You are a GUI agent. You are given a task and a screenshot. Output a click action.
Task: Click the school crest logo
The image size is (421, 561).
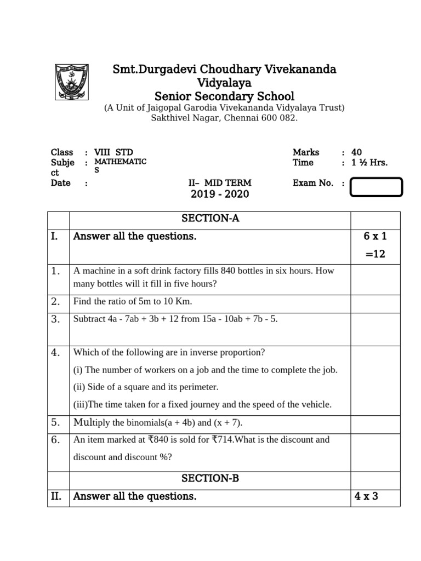71,83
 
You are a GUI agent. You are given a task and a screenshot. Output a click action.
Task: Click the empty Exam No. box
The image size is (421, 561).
376,187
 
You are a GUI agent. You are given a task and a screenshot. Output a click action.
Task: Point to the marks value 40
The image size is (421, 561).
356,152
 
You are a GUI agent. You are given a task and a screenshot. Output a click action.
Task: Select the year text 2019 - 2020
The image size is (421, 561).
219,194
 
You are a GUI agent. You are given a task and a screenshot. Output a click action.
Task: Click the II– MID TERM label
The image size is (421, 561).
219,183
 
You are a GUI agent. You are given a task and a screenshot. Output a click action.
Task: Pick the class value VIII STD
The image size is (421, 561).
113,152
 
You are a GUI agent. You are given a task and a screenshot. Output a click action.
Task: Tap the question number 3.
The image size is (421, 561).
55,319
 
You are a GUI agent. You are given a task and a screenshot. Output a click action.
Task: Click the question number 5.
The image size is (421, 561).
55,422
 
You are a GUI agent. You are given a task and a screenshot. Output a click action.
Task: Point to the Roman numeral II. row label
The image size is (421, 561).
56,496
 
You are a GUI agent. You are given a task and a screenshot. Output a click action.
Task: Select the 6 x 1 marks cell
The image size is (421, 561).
375,236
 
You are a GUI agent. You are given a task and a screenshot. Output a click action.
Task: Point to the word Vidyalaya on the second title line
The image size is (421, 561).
224,83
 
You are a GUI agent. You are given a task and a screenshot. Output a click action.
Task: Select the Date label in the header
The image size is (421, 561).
60,183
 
